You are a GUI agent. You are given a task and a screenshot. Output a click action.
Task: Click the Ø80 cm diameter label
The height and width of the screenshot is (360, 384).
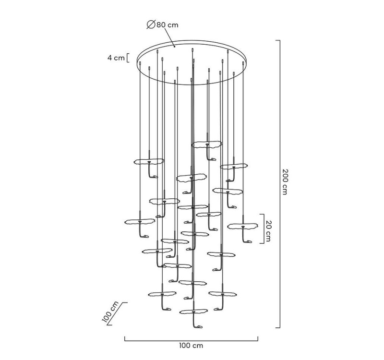[x=163, y=25]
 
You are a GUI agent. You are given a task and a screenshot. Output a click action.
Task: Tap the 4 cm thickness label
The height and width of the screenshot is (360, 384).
[x=116, y=58]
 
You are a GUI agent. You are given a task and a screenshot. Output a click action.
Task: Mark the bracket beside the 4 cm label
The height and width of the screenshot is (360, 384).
[x=128, y=58]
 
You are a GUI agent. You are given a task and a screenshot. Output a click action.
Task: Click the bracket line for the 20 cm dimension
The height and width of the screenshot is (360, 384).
[x=263, y=229]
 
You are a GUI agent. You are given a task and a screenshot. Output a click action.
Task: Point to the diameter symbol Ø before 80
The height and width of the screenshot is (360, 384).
[x=150, y=25]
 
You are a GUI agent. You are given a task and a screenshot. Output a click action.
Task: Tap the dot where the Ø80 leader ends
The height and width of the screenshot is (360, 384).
[x=175, y=47]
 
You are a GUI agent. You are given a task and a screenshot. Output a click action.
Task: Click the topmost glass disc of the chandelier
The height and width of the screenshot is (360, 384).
[x=206, y=144]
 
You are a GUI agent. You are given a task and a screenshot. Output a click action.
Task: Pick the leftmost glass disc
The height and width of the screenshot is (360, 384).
[x=139, y=222]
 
